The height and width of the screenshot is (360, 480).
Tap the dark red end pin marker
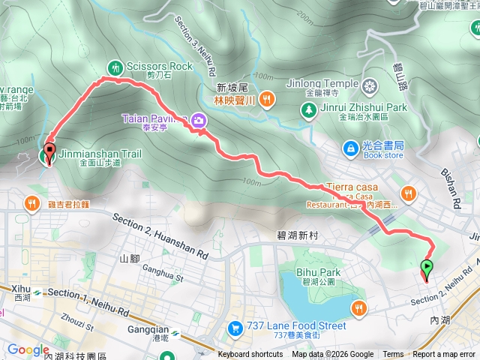point(50,152)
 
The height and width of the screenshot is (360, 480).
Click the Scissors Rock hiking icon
point(115,67)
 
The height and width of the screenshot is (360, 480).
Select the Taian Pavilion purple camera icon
point(198,119)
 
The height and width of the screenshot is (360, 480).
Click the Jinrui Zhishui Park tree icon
point(308,110)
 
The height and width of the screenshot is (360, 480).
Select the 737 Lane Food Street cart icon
point(235,327)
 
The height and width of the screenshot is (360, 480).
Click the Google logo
point(28,349)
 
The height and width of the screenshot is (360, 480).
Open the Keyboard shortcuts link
point(250,355)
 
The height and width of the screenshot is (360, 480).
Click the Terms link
point(393,355)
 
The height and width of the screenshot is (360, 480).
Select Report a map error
point(445,355)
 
